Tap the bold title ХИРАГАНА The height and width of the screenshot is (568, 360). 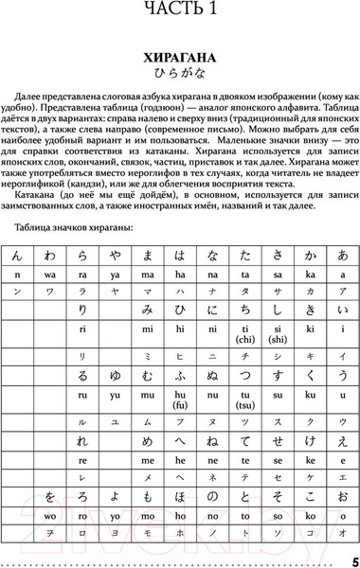pyautogui.click(x=179, y=58)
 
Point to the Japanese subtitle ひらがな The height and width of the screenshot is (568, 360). pyautogui.click(x=179, y=75)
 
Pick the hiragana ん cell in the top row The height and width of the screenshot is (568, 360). pyautogui.click(x=17, y=255)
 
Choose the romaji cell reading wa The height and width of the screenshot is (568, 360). pyautogui.click(x=49, y=275)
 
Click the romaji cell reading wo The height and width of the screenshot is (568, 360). pyautogui.click(x=17, y=517)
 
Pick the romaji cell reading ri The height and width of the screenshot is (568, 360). pyautogui.click(x=82, y=328)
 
